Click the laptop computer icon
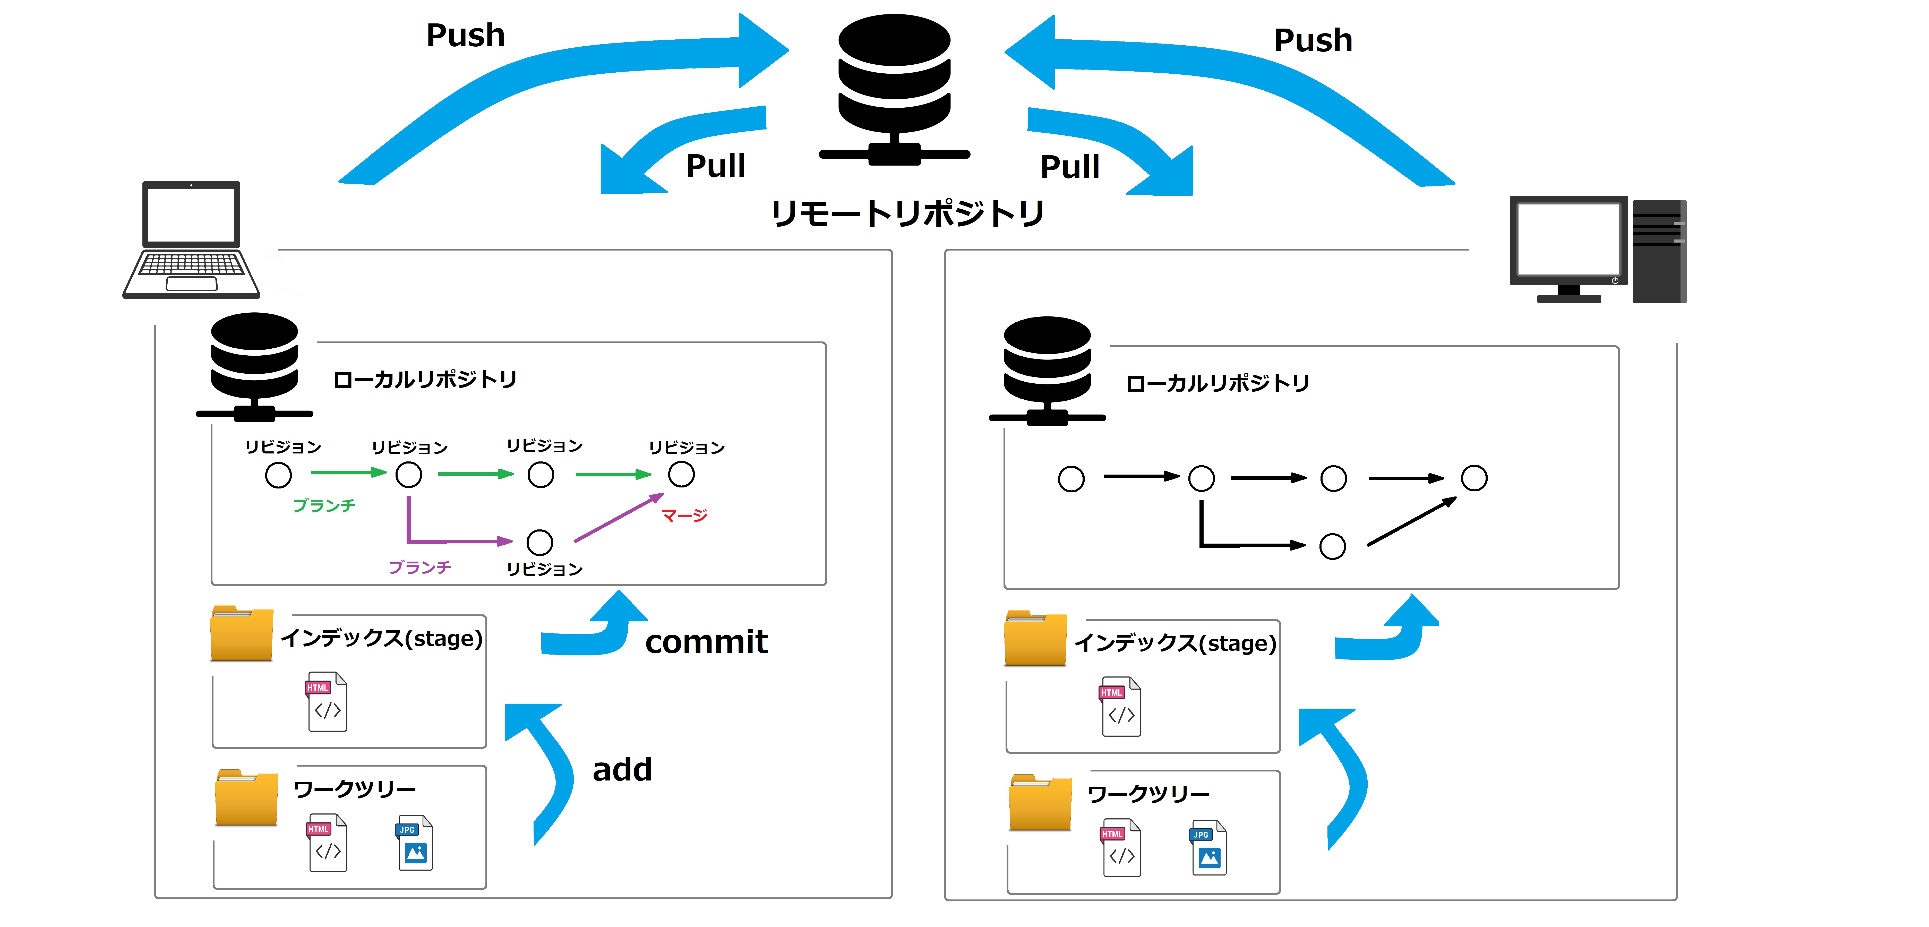tap(192, 240)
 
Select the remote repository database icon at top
tap(894, 88)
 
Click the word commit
tap(706, 642)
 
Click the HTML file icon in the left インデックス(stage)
tap(327, 702)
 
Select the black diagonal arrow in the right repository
tap(1412, 522)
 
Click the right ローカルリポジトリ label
tap(1218, 383)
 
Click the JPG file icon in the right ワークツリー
tap(1209, 848)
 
